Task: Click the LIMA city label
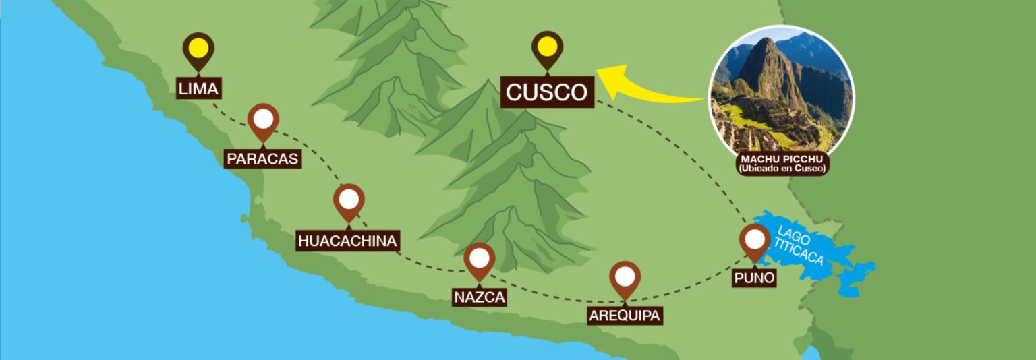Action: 198,88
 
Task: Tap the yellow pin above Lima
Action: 198,49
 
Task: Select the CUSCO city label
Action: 547,92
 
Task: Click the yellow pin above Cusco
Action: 547,47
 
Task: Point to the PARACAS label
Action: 262,158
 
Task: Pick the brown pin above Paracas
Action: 263,120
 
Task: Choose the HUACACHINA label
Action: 347,241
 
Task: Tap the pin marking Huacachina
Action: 349,200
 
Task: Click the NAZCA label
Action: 480,297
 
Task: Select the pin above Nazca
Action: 480,258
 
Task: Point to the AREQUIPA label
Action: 625,316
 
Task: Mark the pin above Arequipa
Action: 625,276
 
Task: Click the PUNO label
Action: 754,278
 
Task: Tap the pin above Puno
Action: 755,240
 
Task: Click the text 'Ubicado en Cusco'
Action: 781,168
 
